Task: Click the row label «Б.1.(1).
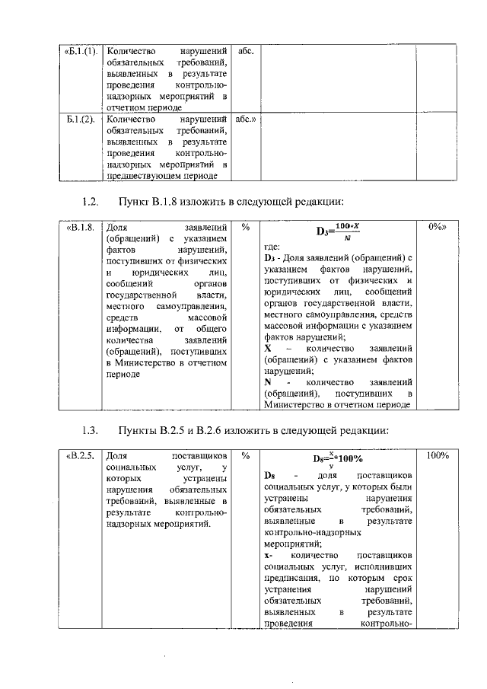coord(80,50)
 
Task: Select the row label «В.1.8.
coord(80,227)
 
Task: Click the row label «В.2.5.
coord(80,456)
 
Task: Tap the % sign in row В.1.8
coord(245,227)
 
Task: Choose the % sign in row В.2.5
coord(245,456)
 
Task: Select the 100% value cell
coord(437,456)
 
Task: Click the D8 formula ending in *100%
coord(338,459)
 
